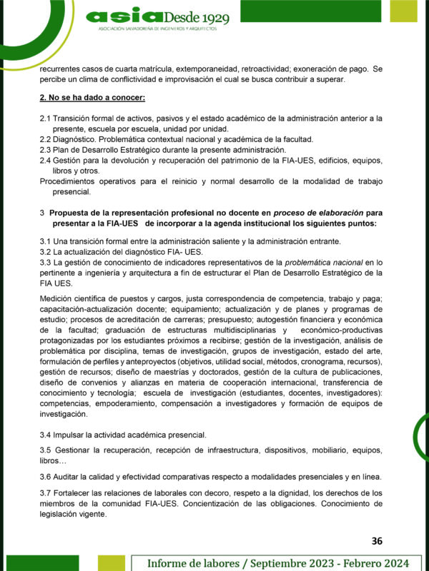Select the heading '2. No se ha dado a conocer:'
92,97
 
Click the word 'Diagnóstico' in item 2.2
75,139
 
